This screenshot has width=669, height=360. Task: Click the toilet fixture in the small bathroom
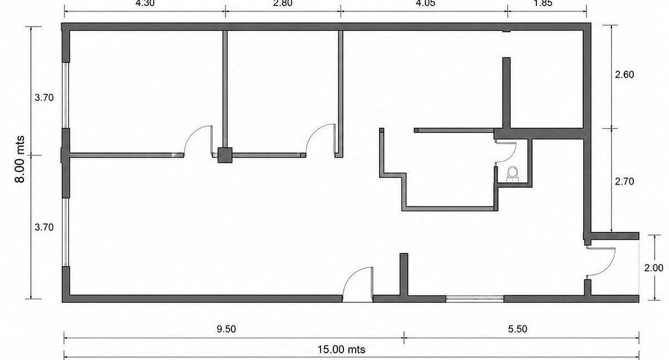coord(513,174)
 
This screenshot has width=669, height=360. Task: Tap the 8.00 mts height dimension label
coord(20,159)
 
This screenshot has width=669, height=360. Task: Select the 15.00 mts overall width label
coord(341,349)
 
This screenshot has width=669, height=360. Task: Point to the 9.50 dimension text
coord(226,329)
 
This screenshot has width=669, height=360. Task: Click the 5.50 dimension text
coord(517,329)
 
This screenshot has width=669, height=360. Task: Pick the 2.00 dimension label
coord(653,267)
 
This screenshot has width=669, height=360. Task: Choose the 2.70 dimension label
coord(624,181)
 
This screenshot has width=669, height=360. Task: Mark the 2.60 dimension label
coord(624,74)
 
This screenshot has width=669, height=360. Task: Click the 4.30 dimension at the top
coord(145,3)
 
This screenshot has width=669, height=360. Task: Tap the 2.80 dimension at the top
coord(283,3)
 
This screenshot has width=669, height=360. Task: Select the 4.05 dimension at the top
coord(425,3)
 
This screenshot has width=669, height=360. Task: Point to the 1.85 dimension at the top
coord(542,3)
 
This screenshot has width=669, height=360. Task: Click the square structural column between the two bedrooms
coord(225,155)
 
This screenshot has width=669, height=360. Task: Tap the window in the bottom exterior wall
coord(475,299)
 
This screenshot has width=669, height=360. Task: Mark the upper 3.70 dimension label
coord(44,98)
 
